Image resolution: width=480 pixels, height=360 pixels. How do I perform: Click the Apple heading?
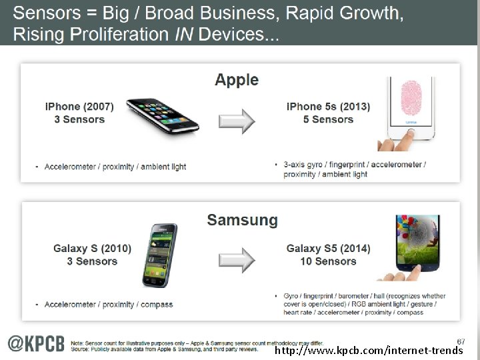(236, 81)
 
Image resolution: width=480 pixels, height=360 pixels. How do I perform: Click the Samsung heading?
(242, 221)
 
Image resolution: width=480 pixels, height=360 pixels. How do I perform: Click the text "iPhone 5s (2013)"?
(328, 107)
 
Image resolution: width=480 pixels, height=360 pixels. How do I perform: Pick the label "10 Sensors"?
(329, 261)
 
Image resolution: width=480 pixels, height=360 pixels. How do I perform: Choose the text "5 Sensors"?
(328, 120)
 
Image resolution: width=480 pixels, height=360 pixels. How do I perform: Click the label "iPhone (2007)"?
(79, 107)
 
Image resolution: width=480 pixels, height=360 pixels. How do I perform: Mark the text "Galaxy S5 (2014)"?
(328, 249)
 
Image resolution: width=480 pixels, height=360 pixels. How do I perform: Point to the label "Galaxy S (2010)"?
(93, 249)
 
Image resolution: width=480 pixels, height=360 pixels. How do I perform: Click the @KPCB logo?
(37, 343)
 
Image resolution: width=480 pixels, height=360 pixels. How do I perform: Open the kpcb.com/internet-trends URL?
(369, 350)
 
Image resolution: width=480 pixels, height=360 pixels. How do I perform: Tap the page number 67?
(461, 341)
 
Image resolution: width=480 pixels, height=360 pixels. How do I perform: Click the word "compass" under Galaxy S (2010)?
(157, 305)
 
